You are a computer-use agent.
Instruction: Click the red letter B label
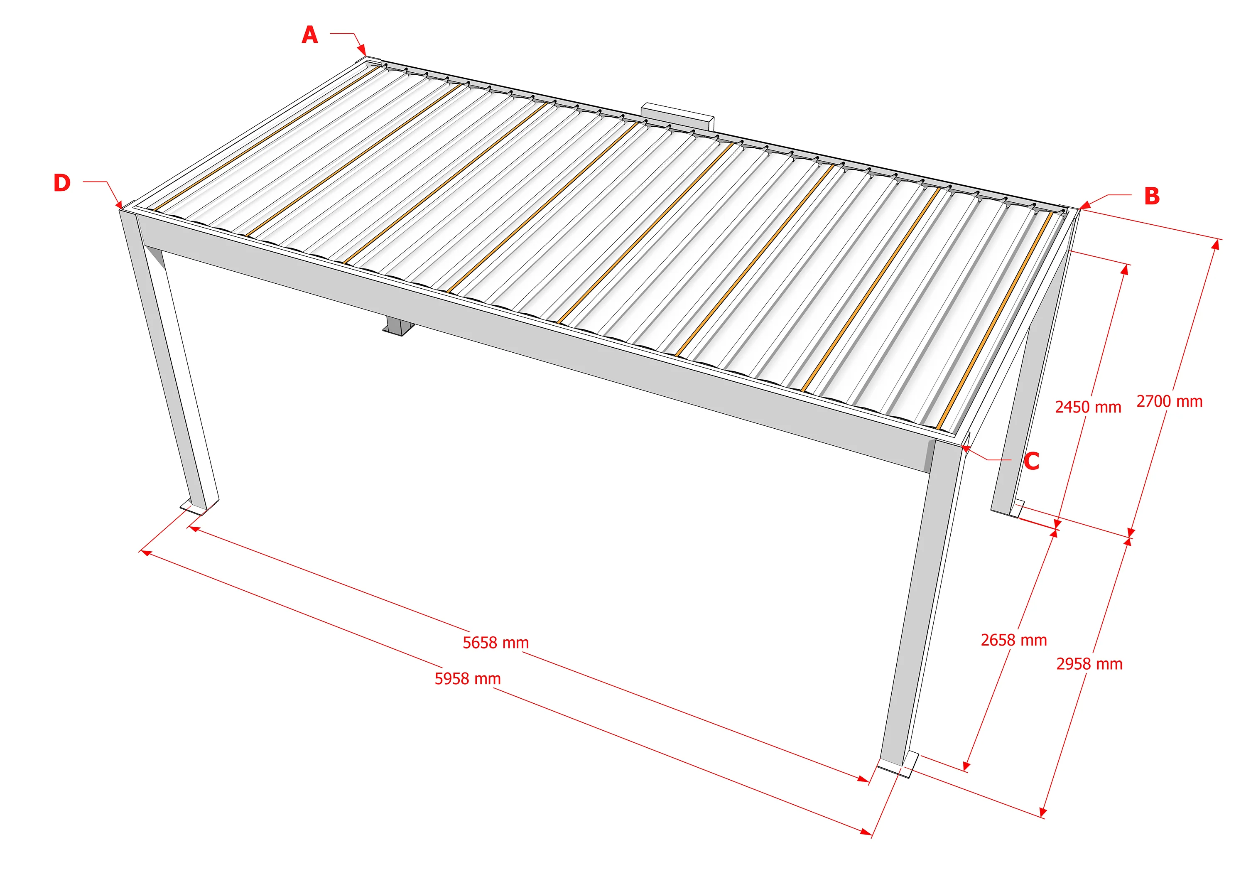click(x=1151, y=196)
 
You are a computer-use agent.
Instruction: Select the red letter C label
click(x=1031, y=461)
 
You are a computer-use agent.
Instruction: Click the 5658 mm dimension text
click(x=495, y=643)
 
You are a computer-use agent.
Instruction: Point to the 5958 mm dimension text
click(x=467, y=679)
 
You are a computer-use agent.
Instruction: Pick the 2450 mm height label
click(x=1088, y=407)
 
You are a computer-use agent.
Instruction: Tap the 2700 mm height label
click(x=1169, y=402)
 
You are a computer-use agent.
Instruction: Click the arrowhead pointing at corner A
click(x=362, y=51)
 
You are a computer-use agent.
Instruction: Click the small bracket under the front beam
click(x=399, y=326)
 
